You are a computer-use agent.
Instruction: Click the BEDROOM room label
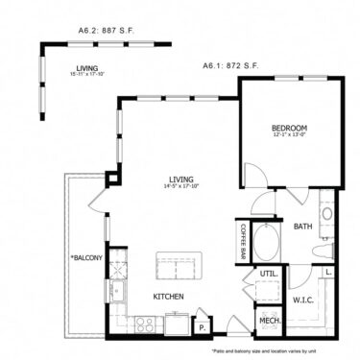[288, 128]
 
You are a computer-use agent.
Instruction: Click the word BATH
[303, 228]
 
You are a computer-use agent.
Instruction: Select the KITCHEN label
[168, 297]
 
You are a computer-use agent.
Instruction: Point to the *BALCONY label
[85, 257]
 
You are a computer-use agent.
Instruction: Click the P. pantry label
[202, 324]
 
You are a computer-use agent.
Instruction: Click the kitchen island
[177, 266]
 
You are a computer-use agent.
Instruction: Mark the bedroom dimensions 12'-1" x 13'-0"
[288, 135]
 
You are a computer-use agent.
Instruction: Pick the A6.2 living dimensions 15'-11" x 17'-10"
[87, 75]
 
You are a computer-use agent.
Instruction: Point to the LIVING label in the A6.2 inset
[87, 68]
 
